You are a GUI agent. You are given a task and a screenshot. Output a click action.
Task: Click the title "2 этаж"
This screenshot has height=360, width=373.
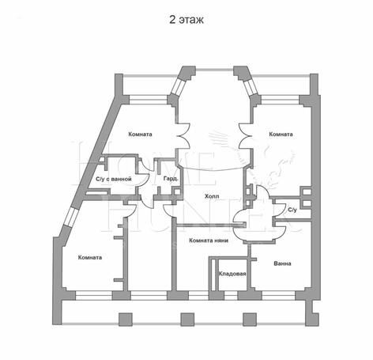(186, 20)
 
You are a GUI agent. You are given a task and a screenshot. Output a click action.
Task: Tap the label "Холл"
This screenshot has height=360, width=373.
(212, 196)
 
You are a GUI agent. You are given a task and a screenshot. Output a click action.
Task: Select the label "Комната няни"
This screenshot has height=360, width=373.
(209, 241)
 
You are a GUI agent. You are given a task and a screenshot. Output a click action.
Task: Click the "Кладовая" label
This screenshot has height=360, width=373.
(232, 274)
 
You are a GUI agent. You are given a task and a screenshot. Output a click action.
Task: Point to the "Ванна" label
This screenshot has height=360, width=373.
(282, 263)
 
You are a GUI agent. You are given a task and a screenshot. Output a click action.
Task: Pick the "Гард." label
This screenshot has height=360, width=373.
(171, 179)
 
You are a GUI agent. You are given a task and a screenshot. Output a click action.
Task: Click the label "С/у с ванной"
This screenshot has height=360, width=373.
(114, 179)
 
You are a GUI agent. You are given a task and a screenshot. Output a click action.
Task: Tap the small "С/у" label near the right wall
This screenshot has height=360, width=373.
(292, 210)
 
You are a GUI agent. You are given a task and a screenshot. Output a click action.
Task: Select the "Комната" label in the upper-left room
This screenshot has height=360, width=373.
(140, 135)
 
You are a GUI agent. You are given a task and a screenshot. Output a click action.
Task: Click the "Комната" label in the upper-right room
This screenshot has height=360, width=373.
(281, 135)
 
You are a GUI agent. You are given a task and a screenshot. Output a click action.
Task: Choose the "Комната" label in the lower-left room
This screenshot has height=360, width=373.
(90, 257)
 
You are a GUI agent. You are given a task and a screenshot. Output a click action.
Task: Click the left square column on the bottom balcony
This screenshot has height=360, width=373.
(126, 319)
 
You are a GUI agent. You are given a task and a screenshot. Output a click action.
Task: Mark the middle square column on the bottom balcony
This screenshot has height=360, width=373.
(187, 319)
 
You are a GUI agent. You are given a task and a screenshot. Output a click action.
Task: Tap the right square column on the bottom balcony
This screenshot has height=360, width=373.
(250, 319)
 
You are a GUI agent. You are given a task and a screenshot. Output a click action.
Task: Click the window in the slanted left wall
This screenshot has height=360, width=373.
(70, 217)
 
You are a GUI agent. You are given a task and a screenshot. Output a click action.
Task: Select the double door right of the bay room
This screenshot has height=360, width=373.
(245, 136)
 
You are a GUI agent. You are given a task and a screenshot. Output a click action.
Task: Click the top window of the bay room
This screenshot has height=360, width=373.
(215, 70)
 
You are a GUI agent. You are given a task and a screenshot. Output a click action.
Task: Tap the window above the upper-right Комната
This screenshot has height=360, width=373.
(280, 100)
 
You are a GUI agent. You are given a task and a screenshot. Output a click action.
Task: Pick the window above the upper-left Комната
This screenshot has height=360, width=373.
(149, 100)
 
